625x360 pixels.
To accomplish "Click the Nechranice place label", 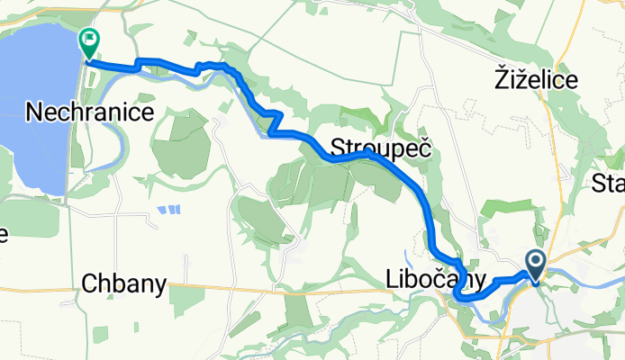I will pyautogui.click(x=90, y=112).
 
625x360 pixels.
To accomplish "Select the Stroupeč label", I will pyautogui.click(x=378, y=148).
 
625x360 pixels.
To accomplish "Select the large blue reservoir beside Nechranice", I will pyautogui.click(x=32, y=99).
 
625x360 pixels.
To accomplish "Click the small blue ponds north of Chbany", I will pyautogui.click(x=168, y=210).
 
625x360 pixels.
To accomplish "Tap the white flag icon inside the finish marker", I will pyautogui.click(x=89, y=39).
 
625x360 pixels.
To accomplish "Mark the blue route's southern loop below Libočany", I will pyautogui.click(x=463, y=294).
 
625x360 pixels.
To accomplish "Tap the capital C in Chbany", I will pyautogui.click(x=88, y=284).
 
